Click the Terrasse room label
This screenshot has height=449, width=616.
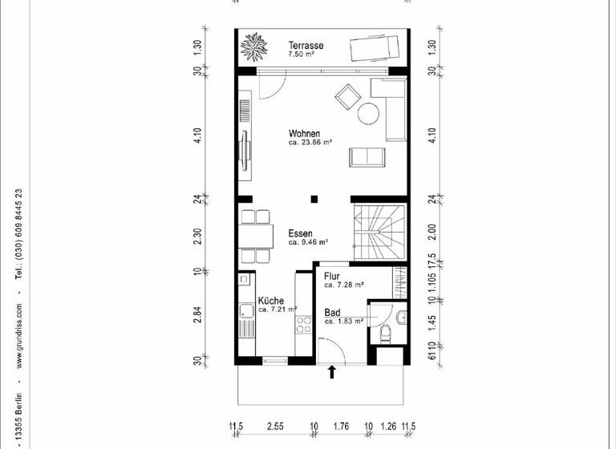click(x=306, y=46)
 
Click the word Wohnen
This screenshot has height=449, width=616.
click(x=305, y=133)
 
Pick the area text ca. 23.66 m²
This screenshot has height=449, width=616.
click(x=310, y=143)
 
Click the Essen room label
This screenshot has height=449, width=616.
click(x=302, y=233)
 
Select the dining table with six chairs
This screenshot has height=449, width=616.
click(x=255, y=235)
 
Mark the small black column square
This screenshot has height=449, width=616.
click(x=316, y=199)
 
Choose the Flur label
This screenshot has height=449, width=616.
click(x=332, y=276)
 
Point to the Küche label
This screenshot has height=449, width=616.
click(x=270, y=301)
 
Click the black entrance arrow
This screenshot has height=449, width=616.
click(x=333, y=371)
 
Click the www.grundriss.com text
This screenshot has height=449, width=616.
click(x=18, y=329)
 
